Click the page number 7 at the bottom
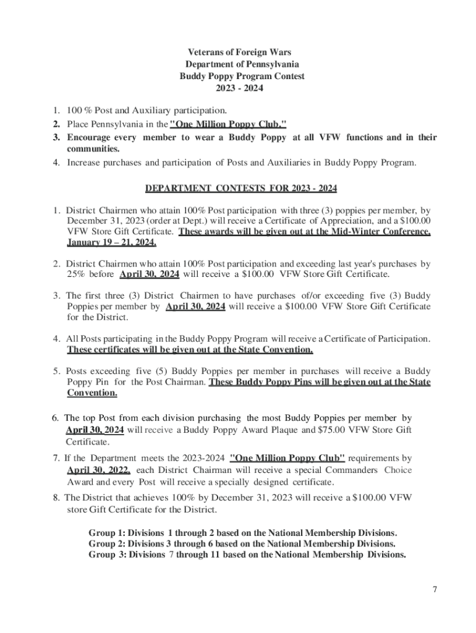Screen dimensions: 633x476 435,589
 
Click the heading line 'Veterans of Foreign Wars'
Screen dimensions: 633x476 239,53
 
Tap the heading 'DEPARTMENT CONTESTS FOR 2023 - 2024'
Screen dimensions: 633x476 241,188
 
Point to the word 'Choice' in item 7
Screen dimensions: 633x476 398,470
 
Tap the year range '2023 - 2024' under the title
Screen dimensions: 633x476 239,88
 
